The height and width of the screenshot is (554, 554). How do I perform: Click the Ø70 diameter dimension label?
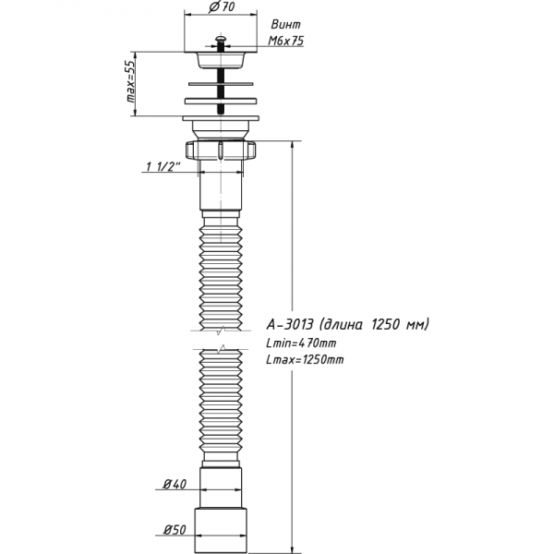point(221,8)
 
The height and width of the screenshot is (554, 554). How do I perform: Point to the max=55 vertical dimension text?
point(130,85)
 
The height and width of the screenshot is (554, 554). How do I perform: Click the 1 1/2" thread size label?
point(163,167)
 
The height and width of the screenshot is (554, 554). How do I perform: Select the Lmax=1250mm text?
point(304,359)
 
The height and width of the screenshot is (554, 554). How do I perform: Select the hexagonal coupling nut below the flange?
point(222,150)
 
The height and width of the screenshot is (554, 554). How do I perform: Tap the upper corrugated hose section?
point(222,268)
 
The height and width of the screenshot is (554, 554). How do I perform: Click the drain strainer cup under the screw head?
point(222,59)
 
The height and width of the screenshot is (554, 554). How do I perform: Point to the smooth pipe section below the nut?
point(222,189)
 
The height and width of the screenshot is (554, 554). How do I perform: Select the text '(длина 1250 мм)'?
point(374,324)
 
